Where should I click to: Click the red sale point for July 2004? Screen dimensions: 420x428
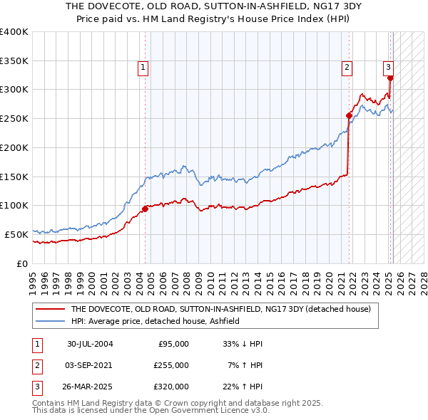click(x=145, y=209)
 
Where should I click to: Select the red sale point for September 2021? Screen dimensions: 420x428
click(x=349, y=115)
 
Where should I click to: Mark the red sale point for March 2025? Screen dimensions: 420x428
click(x=390, y=78)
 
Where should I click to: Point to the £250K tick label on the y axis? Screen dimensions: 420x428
click(x=14, y=118)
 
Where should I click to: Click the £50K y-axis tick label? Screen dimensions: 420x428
click(x=16, y=234)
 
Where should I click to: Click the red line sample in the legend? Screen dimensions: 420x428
click(x=50, y=310)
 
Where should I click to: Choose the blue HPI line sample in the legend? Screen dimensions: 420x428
click(x=50, y=322)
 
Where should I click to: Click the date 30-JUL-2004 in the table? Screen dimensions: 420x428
click(x=90, y=344)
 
